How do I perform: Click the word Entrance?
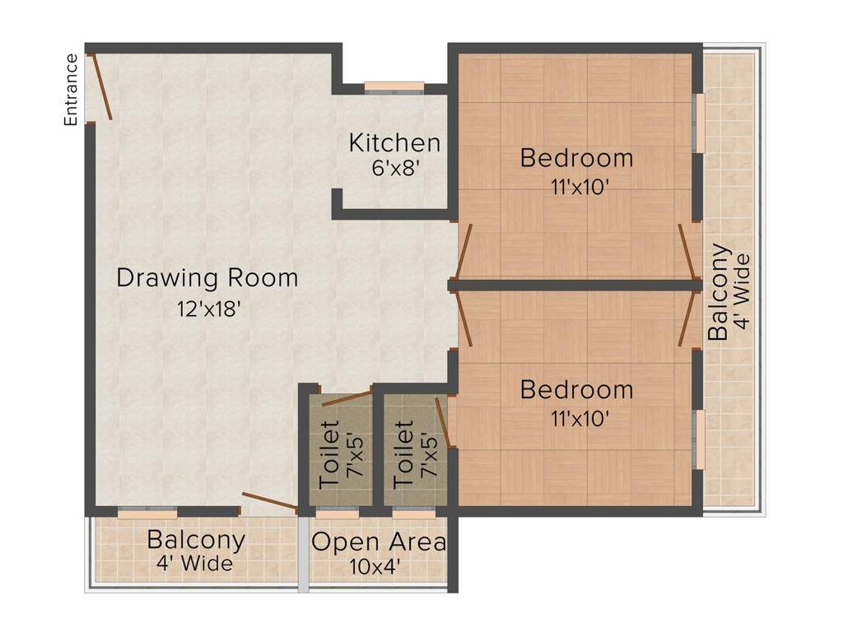72,90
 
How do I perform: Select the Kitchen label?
394,142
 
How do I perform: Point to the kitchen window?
394,86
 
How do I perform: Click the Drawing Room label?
207,277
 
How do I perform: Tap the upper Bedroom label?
576,157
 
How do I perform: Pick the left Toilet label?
328,454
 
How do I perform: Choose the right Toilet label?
404,454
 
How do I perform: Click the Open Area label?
379,542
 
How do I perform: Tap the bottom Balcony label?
196,541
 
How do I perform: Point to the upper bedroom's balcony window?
699,123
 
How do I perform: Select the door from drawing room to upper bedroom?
463,250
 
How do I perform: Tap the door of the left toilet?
346,399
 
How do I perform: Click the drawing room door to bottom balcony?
269,501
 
